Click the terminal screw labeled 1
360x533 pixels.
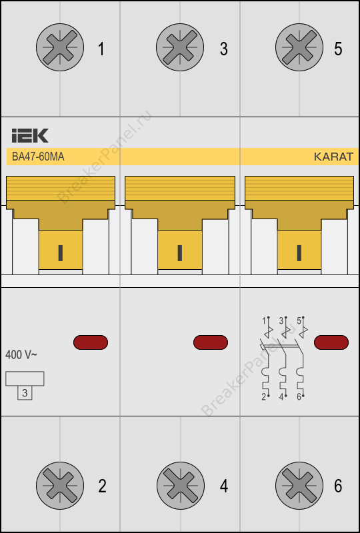pyautogui.click(x=60, y=47)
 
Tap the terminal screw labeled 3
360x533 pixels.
pyautogui.click(x=180, y=47)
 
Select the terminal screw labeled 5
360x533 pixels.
pyautogui.click(x=299, y=47)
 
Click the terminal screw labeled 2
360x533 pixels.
pyautogui.click(x=60, y=486)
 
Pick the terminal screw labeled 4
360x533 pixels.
pyautogui.click(x=181, y=486)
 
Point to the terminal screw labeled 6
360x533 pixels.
pyautogui.click(x=299, y=486)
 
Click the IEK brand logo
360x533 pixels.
pyautogui.click(x=30, y=136)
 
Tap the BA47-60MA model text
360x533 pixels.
pyautogui.click(x=38, y=157)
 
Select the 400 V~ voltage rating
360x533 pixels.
pyautogui.click(x=21, y=355)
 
